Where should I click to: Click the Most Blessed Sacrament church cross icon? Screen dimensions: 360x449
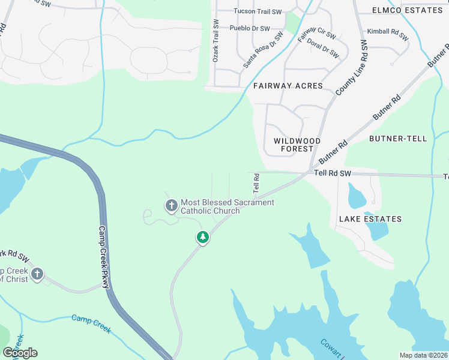[171, 206]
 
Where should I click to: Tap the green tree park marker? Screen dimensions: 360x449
[203, 238]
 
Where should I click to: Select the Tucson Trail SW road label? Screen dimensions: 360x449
[258, 11]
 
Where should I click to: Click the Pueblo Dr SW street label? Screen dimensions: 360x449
[250, 28]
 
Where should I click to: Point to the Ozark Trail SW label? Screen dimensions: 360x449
[214, 40]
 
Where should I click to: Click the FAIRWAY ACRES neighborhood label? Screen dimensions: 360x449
[288, 86]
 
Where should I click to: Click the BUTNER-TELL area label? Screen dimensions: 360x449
[398, 139]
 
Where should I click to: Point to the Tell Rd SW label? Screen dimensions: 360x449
[333, 173]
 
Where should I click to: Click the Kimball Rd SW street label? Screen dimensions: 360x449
[387, 34]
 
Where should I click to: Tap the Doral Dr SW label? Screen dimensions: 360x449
[323, 49]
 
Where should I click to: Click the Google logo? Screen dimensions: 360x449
[20, 353]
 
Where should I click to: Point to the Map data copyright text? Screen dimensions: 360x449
[423, 355]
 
